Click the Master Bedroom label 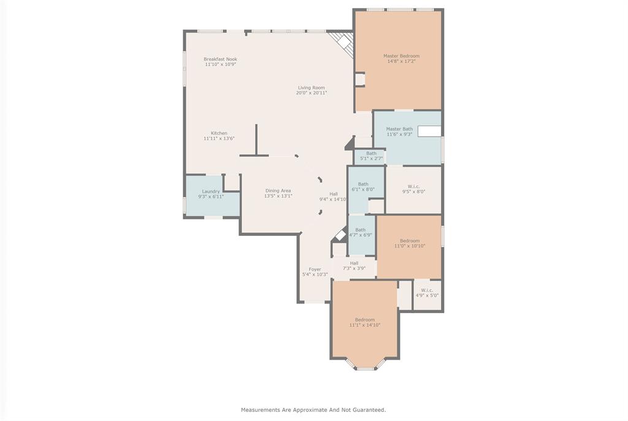coord(401,56)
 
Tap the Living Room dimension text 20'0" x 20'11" coord(312,93)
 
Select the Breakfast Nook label coord(220,59)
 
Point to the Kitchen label coord(219,133)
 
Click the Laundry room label coord(211,191)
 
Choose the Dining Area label coord(278,191)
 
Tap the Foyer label coord(315,269)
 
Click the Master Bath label coord(399,129)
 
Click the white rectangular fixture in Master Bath coord(429,131)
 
